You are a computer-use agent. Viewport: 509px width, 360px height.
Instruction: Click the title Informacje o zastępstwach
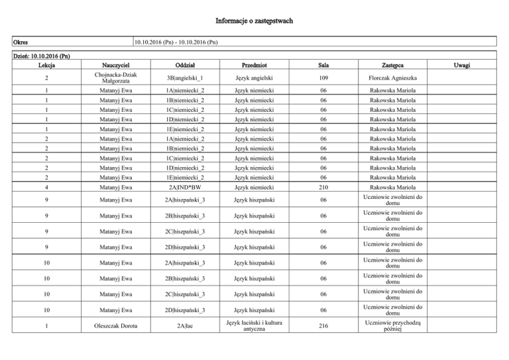point(254,21)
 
